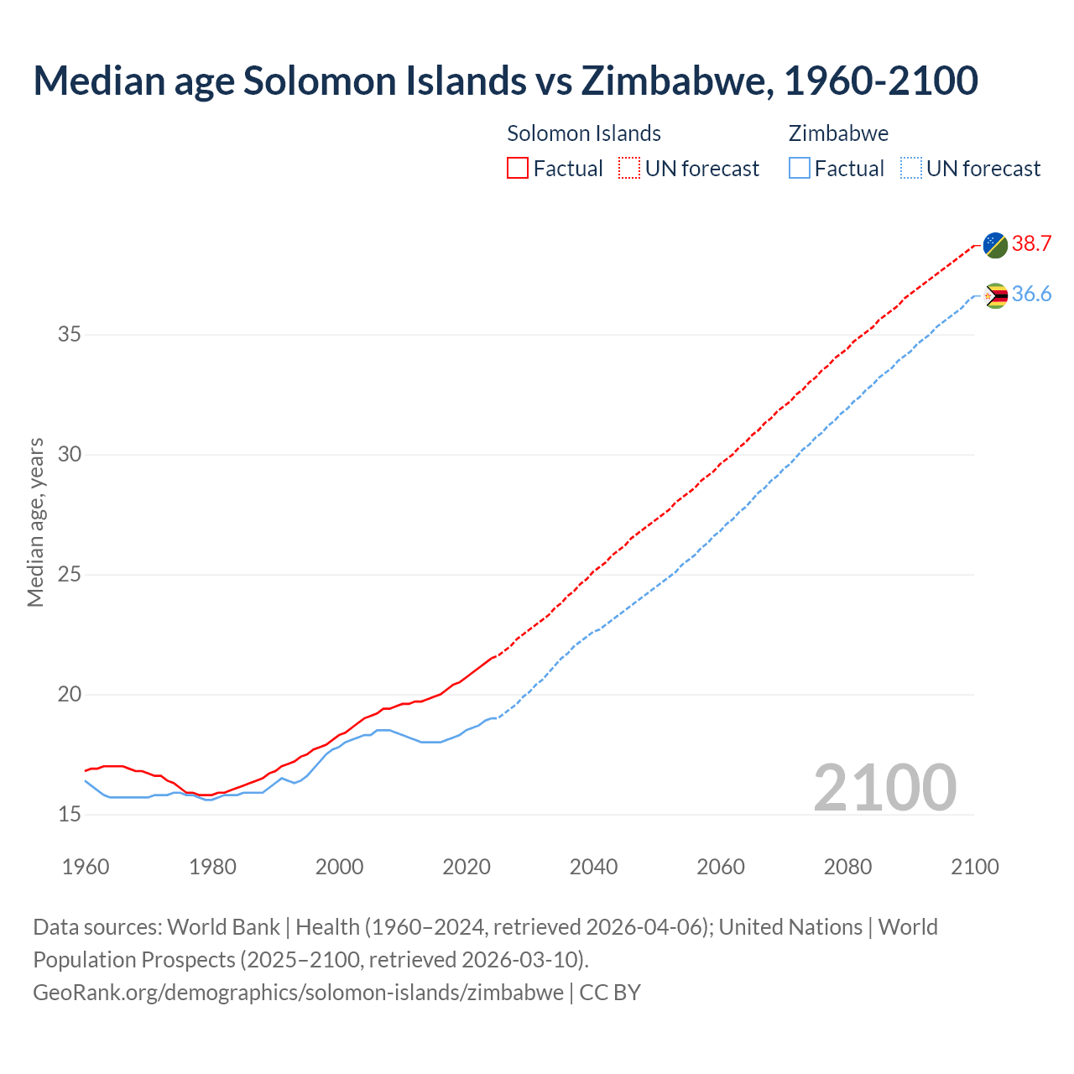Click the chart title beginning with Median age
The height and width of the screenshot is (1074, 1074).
click(505, 81)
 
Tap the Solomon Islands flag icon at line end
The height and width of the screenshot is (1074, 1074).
click(995, 245)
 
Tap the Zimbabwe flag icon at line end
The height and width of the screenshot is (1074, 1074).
click(995, 295)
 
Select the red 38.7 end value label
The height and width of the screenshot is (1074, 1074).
click(1031, 243)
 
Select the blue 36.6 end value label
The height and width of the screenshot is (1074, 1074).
click(1031, 294)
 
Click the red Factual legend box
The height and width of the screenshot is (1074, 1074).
click(518, 169)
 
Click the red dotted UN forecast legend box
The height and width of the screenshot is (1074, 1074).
click(629, 169)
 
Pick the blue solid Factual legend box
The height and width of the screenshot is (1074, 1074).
click(800, 169)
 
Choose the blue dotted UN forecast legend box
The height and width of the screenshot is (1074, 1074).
click(910, 169)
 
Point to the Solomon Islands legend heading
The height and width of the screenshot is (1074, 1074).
click(584, 133)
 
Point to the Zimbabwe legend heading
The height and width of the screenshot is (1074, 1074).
click(838, 133)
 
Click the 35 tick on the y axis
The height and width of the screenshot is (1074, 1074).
click(70, 335)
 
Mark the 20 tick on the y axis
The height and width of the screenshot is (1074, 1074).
click(70, 695)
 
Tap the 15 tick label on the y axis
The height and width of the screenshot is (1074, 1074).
click(70, 815)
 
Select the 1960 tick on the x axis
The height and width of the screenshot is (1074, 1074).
click(86, 867)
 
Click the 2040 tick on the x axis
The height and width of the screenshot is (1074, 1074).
click(593, 867)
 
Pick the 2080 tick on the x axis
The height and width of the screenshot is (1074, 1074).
click(847, 867)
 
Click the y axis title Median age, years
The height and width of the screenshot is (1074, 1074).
click(35, 522)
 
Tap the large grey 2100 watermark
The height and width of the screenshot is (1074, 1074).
click(884, 787)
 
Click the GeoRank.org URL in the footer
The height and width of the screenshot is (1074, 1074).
click(298, 993)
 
